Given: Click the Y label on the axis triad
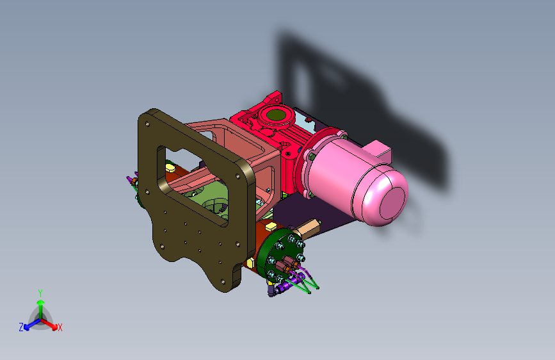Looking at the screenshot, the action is (x=40, y=293).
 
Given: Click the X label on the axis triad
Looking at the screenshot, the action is (x=60, y=327).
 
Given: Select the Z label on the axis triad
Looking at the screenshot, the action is (x=21, y=327).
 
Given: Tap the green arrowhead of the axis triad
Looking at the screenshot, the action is (x=41, y=302).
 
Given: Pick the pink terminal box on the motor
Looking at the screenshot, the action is (x=380, y=150).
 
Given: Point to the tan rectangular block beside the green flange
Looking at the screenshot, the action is (x=307, y=227).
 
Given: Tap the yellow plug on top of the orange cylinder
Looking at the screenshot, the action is (x=270, y=226).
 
